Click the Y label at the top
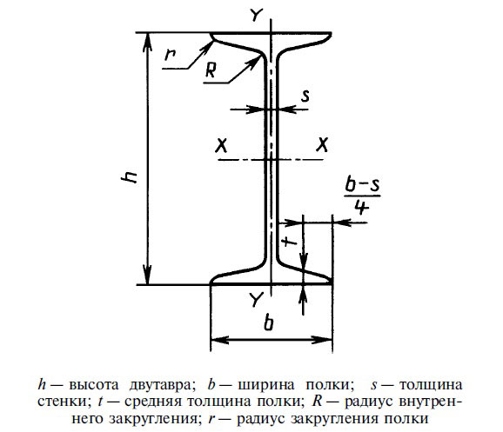(257, 15)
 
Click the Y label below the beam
(257, 299)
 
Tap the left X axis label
(221, 146)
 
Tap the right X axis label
(322, 145)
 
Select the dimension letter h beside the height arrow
(130, 177)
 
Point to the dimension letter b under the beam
(269, 322)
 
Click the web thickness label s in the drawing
(305, 96)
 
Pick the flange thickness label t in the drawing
(291, 241)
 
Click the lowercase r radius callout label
(170, 54)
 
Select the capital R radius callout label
(211, 70)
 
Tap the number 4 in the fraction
(362, 208)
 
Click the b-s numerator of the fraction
(363, 184)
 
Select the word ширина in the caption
(266, 385)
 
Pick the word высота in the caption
(93, 385)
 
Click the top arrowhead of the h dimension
(147, 42)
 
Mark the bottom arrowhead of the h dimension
(147, 276)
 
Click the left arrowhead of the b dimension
(220, 340)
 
